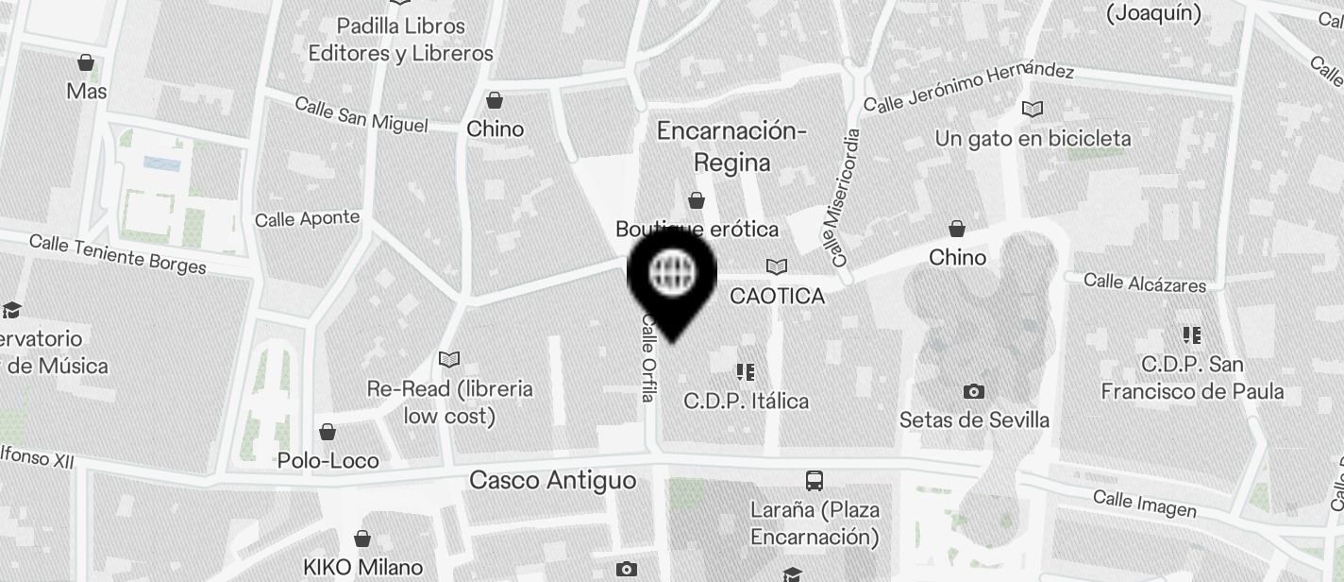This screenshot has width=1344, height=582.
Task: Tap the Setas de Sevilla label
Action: (x=974, y=419)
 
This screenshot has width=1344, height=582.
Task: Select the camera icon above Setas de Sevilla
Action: (x=973, y=391)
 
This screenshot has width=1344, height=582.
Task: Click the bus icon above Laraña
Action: (x=814, y=481)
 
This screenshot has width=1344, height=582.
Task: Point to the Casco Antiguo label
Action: (x=553, y=481)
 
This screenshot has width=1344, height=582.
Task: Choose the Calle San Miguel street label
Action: (x=361, y=114)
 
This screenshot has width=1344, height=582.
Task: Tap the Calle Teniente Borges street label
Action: (x=118, y=253)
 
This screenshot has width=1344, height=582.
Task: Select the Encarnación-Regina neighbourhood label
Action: (x=731, y=146)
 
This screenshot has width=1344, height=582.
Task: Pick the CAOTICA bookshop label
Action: (x=778, y=297)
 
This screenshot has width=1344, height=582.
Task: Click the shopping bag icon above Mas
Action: (x=86, y=63)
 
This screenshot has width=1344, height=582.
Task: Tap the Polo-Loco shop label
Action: (x=328, y=461)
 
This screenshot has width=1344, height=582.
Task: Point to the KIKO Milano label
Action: (x=362, y=568)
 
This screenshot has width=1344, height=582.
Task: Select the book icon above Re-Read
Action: (x=449, y=359)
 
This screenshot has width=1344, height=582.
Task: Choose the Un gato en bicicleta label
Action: (x=1033, y=139)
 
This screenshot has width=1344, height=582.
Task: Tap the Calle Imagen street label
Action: (x=1144, y=504)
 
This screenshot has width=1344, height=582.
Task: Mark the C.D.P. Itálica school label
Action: (x=746, y=402)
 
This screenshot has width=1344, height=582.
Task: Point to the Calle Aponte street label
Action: (x=307, y=219)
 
